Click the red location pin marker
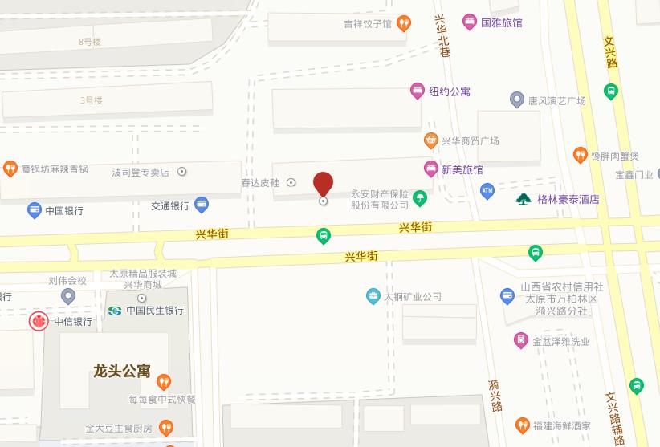tap(323, 184)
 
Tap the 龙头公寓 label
tap(121, 371)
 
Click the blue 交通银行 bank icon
tap(202, 205)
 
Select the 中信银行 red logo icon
tap(38, 322)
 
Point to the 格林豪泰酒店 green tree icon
tap(524, 199)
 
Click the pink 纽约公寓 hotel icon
tap(417, 91)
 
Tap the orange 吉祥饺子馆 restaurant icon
tap(405, 23)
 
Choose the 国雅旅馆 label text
tap(502, 22)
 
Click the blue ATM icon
tap(487, 191)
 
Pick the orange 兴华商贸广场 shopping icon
tap(431, 140)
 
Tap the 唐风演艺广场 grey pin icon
tap(517, 100)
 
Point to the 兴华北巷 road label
tap(441, 35)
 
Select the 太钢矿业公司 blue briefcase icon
tap(373, 296)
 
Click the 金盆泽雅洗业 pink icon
tap(520, 341)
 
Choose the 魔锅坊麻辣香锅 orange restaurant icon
tap(10, 169)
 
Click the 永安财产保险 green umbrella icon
tap(419, 197)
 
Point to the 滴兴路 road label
tap(495, 395)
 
